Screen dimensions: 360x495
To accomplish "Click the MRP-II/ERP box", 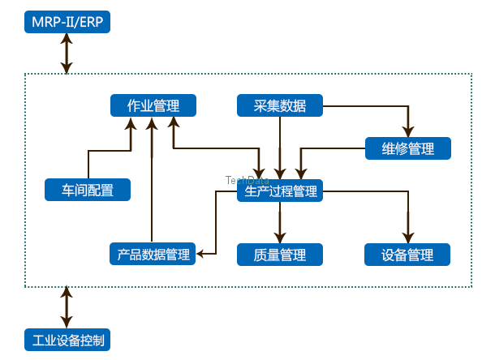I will (67, 22).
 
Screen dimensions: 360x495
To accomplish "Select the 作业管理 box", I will (153, 105).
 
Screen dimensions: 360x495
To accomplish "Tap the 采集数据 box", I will (280, 105).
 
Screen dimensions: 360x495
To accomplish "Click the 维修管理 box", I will (407, 148).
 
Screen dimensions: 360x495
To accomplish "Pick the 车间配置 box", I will (88, 191).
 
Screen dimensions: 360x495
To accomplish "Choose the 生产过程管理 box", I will (280, 191).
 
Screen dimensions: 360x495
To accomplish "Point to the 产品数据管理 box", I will (153, 255).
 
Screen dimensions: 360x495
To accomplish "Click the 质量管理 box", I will (280, 255).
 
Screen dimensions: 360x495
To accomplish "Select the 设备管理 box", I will (407, 255).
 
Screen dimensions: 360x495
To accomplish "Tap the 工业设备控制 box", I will (67, 339).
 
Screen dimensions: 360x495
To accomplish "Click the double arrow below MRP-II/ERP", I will (67, 54).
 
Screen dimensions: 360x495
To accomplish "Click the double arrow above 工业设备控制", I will (67, 307).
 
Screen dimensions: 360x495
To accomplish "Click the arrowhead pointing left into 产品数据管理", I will (201, 255).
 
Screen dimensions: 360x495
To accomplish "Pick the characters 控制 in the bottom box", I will (91, 339).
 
